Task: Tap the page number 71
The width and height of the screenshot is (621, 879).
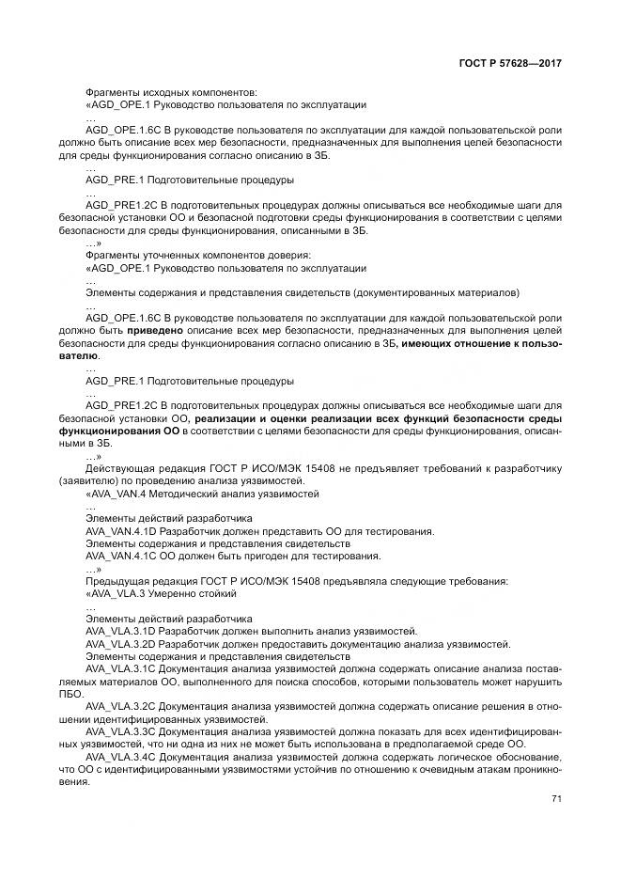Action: (x=556, y=799)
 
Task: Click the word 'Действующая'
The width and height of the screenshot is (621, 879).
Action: (x=116, y=468)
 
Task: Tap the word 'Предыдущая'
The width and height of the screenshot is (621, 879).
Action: (x=115, y=581)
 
